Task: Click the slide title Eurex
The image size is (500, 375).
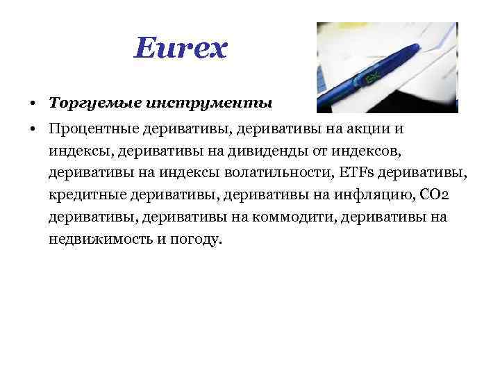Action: coord(181,49)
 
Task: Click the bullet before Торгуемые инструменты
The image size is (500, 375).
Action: coord(33,103)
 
